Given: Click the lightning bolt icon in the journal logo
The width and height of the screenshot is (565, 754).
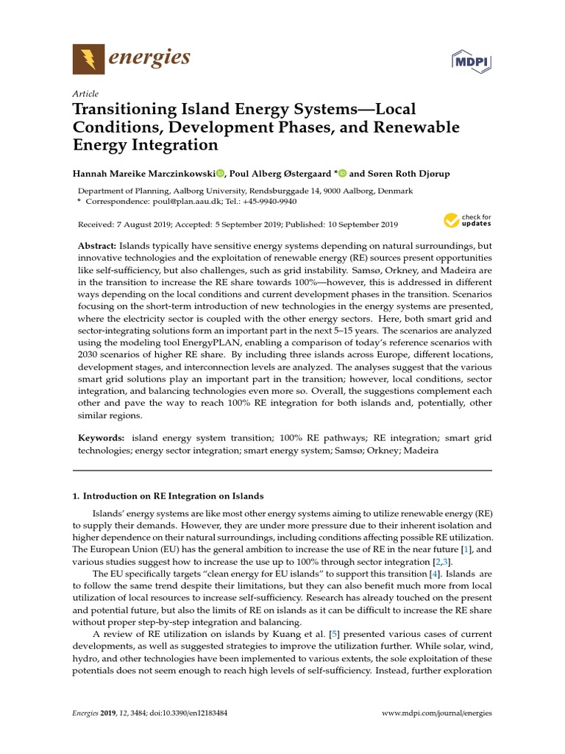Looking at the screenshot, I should coord(88,59).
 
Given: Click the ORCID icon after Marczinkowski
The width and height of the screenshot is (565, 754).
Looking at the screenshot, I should coord(219,173).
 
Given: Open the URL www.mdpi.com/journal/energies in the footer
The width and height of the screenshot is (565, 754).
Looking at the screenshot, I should coord(438,714).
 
